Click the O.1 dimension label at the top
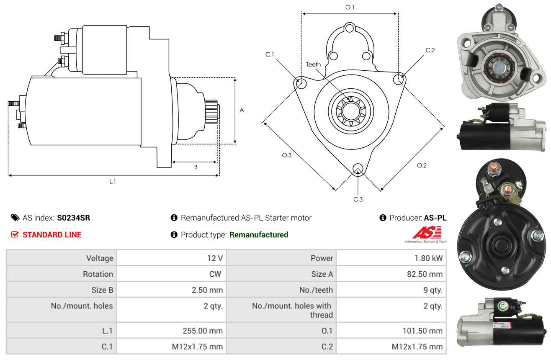pos(350,7)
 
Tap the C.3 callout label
pos(358,199)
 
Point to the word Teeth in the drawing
pos(313,64)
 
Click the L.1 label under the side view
pos(112,182)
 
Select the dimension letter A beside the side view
pos(242,110)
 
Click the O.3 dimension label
pos(286,155)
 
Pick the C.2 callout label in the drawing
pos(430,50)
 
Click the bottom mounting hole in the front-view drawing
pos(358,169)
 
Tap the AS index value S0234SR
pos(74,218)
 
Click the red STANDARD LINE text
pos(52,235)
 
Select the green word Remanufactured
pos(259,235)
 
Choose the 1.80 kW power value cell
pos(391,258)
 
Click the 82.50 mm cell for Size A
pos(391,274)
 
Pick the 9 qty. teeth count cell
pos(391,290)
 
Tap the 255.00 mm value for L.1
pos(171,331)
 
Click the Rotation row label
pos(98,274)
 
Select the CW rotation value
pos(215,274)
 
